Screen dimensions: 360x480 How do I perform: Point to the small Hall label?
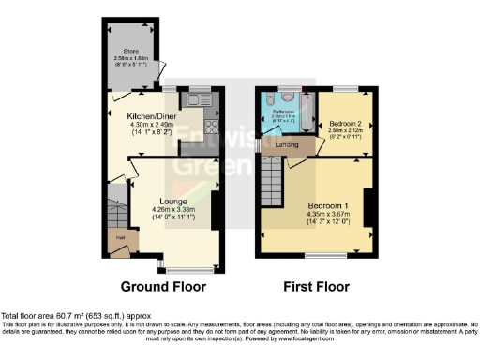pyautogui.click(x=121, y=238)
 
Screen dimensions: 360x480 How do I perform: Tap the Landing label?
pyautogui.click(x=288, y=145)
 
